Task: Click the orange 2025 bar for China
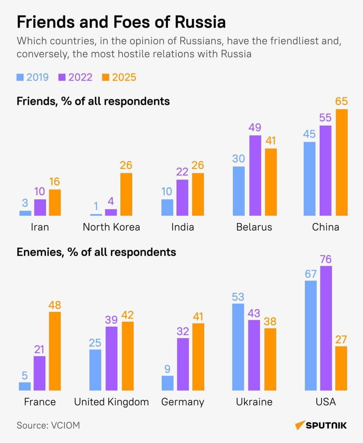tap(342, 162)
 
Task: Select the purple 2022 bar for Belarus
tap(255, 175)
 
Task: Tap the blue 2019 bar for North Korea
tap(96, 215)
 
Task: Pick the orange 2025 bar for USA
tap(341, 368)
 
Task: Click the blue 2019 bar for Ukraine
tap(238, 347)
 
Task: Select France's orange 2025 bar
tap(55, 351)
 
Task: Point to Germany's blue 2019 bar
tap(167, 383)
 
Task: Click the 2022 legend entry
tap(76, 77)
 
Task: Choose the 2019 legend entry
tap(33, 77)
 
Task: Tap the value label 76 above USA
tap(326, 259)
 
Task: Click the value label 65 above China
tap(341, 101)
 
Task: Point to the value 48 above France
tap(55, 305)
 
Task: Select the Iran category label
tap(40, 227)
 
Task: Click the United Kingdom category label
tap(111, 402)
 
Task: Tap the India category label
tap(183, 227)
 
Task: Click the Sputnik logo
tap(321, 425)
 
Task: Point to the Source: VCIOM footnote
tap(48, 425)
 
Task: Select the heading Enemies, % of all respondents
tap(96, 252)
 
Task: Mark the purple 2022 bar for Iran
tap(40, 207)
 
